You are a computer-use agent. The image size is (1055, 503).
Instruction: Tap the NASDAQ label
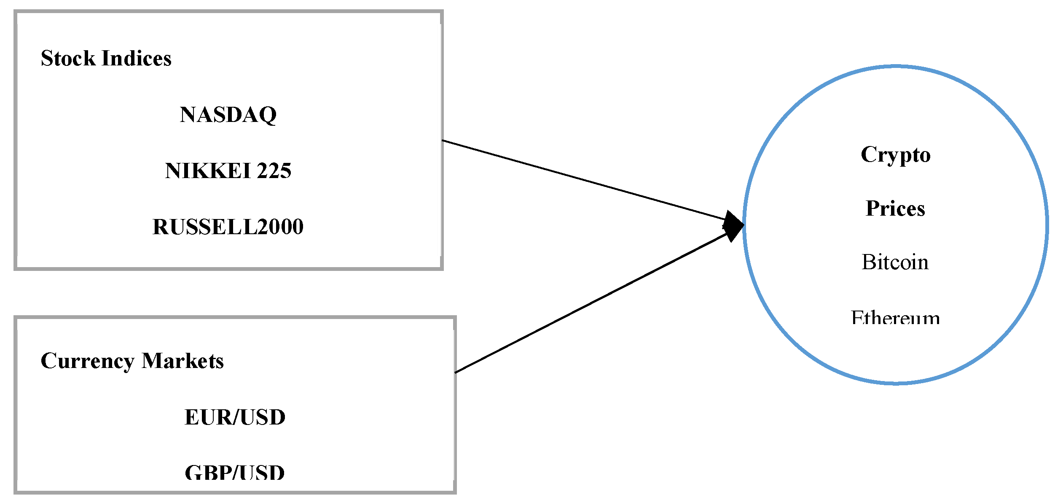(x=228, y=115)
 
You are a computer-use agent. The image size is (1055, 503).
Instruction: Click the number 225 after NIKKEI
(x=274, y=171)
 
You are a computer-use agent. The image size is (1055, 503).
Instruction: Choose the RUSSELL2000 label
(x=228, y=227)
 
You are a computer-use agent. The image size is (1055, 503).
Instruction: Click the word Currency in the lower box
(x=88, y=361)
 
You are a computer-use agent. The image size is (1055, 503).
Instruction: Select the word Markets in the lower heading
(x=183, y=361)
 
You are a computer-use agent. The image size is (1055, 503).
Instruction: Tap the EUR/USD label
(x=235, y=417)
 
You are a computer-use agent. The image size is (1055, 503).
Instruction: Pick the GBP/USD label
(x=235, y=473)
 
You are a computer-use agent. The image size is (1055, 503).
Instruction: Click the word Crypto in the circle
(x=895, y=154)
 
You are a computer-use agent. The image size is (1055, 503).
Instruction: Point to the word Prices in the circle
(x=895, y=208)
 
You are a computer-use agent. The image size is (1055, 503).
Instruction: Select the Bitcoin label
(x=895, y=262)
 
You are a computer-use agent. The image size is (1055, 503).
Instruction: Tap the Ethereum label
(x=895, y=318)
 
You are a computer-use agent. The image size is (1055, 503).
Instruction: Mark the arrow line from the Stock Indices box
(x=582, y=180)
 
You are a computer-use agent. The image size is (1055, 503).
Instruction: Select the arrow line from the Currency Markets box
(x=590, y=302)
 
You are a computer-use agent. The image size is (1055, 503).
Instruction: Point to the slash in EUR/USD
(x=235, y=417)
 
